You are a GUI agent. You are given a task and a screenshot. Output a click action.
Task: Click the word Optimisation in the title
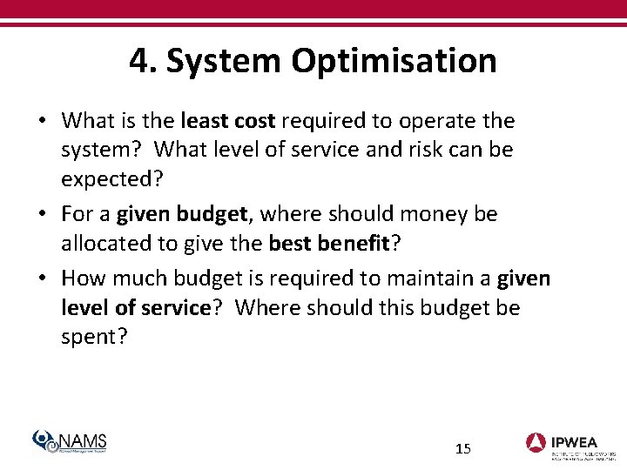tap(394, 61)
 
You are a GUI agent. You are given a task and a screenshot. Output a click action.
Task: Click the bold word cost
tap(253, 120)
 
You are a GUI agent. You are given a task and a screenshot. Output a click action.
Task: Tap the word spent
tap(90, 337)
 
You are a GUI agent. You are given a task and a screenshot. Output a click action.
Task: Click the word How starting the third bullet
tap(81, 279)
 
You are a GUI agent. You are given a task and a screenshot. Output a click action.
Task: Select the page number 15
tap(463, 449)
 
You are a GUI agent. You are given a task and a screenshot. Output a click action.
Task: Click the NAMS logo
tap(70, 441)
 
